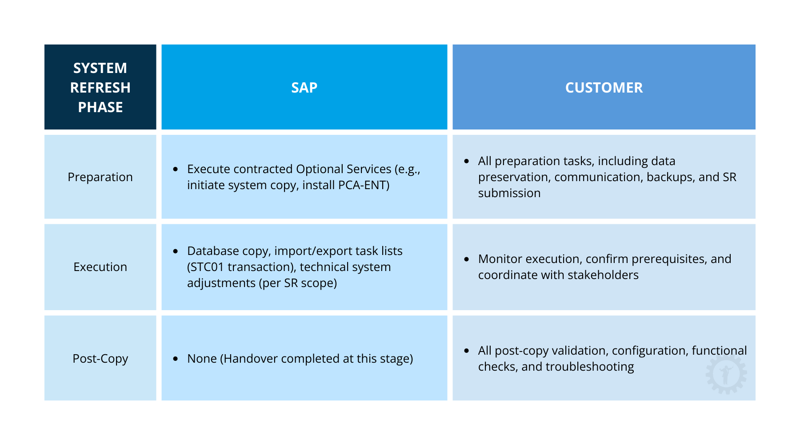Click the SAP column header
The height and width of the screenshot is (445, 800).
click(304, 88)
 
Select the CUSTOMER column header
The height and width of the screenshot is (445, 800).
click(604, 88)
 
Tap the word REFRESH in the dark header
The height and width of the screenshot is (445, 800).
click(100, 88)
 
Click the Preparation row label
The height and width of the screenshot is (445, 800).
click(100, 177)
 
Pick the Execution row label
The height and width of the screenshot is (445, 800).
click(100, 267)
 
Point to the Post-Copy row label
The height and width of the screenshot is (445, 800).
click(100, 359)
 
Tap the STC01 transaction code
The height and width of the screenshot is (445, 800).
click(208, 267)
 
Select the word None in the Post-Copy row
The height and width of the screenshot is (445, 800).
click(202, 359)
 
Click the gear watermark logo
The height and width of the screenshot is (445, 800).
click(726, 374)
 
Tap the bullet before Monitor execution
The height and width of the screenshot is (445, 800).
click(466, 259)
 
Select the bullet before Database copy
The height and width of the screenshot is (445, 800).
click(176, 251)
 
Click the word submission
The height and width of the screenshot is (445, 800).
click(509, 193)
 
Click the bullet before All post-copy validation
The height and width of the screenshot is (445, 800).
click(466, 351)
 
